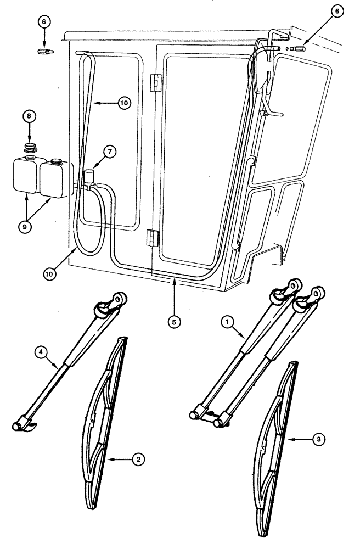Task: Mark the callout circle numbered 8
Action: point(28,117)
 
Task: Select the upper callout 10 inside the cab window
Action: point(124,103)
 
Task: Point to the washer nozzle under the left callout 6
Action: point(43,52)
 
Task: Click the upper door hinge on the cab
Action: point(155,82)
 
